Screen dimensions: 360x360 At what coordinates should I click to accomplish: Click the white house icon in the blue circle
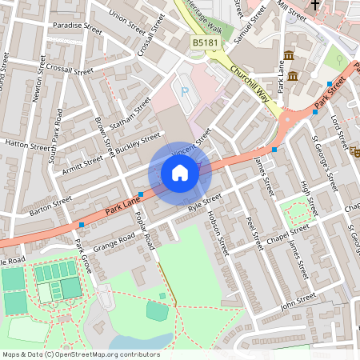pyautogui.click(x=180, y=173)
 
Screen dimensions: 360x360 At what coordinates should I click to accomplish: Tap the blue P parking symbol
pyautogui.click(x=185, y=92)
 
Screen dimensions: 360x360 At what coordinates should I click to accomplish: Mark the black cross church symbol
pyautogui.click(x=314, y=6)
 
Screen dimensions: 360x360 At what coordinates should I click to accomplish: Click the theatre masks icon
pyautogui.click(x=354, y=151)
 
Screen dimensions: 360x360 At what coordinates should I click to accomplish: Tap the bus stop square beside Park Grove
pyautogui.click(x=82, y=224)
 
